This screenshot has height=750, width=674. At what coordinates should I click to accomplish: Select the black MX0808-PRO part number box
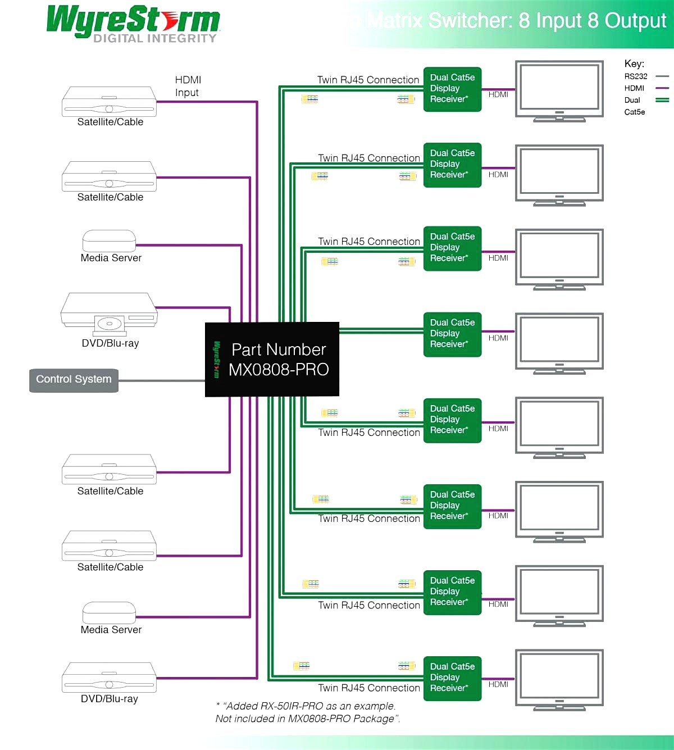(272, 360)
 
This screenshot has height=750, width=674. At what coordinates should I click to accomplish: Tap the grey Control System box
(74, 380)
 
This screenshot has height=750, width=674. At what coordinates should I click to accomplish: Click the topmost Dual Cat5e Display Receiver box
(452, 88)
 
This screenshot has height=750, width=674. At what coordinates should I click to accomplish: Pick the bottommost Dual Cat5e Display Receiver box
(452, 678)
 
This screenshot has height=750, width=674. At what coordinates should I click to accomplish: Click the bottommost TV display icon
(559, 680)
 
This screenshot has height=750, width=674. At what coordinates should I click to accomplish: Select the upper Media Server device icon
(109, 240)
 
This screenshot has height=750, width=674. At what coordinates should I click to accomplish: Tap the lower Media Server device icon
(109, 612)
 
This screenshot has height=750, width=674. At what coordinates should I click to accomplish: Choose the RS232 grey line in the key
(662, 76)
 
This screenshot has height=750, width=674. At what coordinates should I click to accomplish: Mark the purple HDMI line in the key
(662, 88)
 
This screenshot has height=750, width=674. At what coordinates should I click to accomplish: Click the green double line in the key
(662, 100)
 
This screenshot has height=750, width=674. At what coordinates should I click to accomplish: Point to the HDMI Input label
(188, 86)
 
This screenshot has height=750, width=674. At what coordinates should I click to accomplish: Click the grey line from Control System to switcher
(162, 380)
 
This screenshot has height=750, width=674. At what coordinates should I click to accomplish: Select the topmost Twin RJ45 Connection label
(368, 80)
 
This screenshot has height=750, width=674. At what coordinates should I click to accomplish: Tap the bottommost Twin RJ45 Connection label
(369, 688)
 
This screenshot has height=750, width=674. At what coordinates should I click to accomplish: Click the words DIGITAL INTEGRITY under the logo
(154, 38)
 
